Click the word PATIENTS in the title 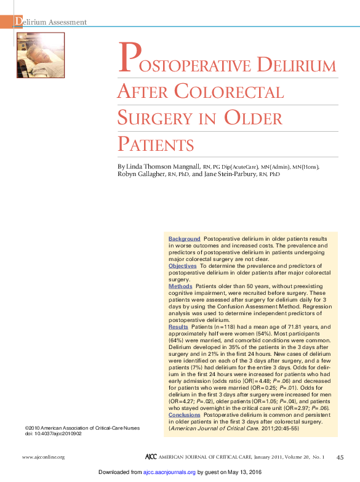(x=156, y=145)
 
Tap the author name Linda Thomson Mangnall (x=162, y=166)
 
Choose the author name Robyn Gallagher (x=144, y=174)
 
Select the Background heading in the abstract (x=185, y=238)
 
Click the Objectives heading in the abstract (x=183, y=265)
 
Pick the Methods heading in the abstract (x=180, y=286)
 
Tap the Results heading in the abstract (x=178, y=327)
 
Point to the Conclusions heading (x=185, y=415)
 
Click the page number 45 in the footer (x=340, y=457)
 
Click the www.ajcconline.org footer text (x=43, y=457)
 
